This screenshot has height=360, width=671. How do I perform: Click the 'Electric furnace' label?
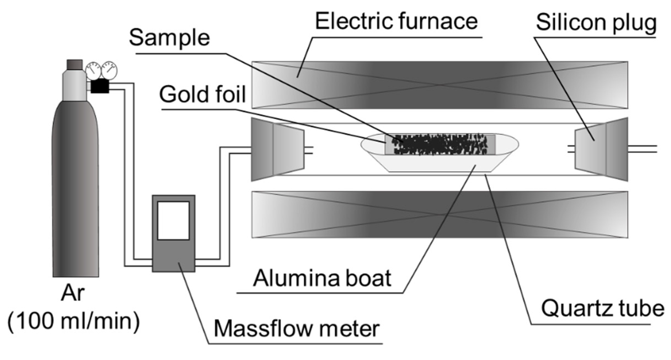tap(396, 21)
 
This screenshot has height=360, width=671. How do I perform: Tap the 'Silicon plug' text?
tap(596, 23)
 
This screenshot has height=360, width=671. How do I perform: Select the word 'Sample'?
tap(169, 38)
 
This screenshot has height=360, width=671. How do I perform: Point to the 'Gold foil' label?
tap(202, 94)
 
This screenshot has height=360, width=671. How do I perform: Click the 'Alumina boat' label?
tap(322, 278)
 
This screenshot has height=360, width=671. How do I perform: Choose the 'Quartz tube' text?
tap(602, 308)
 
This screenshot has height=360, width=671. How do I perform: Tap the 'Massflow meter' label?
tap(297, 329)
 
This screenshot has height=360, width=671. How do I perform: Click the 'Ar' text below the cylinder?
tap(73, 293)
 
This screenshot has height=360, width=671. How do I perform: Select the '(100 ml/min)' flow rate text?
tap(74, 321)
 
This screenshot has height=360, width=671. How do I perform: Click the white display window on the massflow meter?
tap(173, 221)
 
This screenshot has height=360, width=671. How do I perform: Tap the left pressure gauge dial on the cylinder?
tap(93, 71)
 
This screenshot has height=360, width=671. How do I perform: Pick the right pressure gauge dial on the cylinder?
tap(109, 70)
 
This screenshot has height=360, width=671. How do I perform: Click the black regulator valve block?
tap(100, 86)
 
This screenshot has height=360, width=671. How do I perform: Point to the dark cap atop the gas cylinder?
tap(74, 65)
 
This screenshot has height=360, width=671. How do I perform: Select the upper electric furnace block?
tap(440, 85)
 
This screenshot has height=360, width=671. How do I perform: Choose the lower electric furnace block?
tap(440, 215)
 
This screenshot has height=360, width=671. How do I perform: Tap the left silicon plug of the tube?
tap(277, 149)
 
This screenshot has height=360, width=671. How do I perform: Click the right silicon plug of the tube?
tap(601, 149)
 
